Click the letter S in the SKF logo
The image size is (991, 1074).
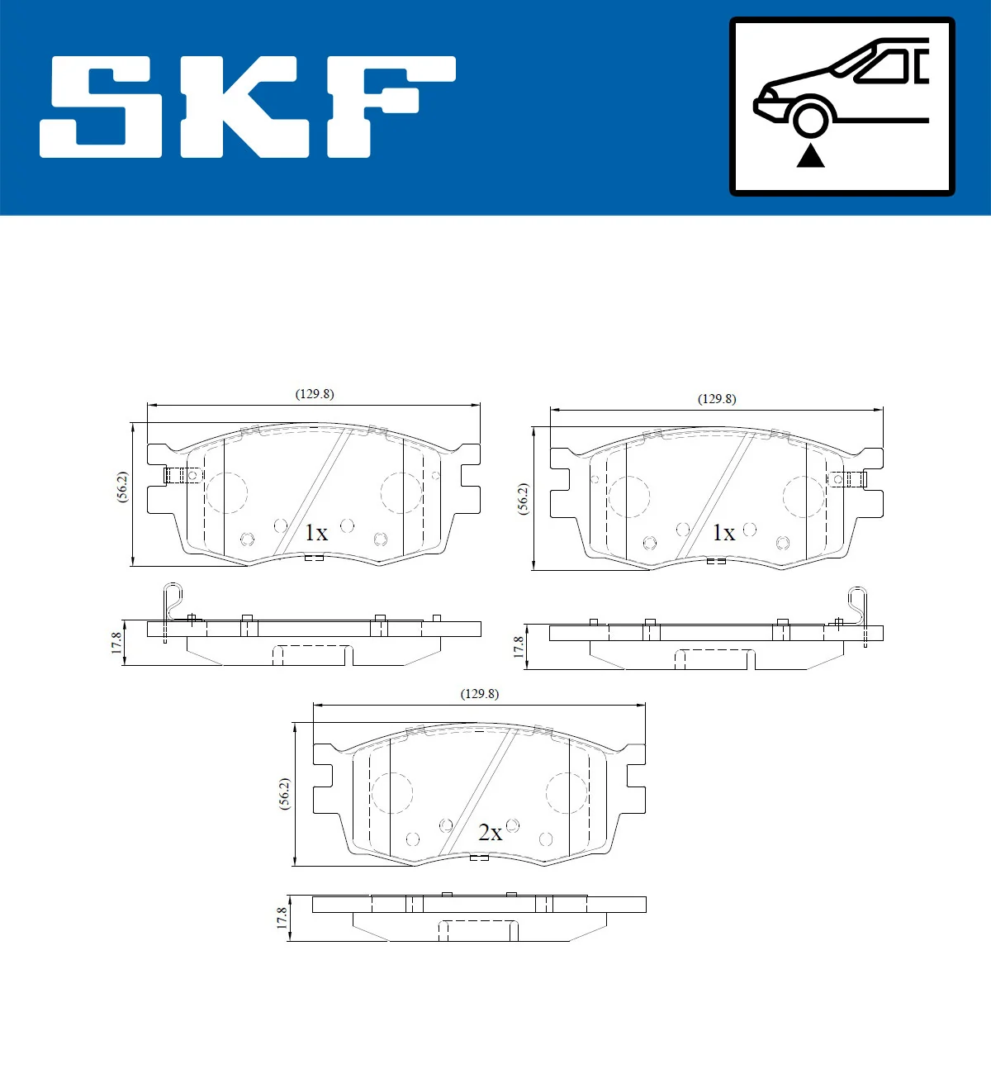pos(103,107)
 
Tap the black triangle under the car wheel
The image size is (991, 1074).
pos(810,155)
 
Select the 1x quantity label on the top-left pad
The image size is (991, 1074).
pos(316,533)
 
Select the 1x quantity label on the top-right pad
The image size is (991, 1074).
pos(723,533)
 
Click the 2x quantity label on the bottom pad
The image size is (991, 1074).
pos(490,833)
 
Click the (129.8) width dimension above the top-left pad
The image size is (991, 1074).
pos(315,394)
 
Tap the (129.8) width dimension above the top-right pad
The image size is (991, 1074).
pos(717,399)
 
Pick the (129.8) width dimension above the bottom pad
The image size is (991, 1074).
pos(480,694)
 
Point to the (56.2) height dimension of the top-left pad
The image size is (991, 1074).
pos(122,487)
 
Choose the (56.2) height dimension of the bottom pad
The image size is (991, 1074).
pos(285,794)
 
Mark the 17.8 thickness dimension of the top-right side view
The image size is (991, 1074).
pos(519,646)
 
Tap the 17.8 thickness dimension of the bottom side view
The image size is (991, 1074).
pos(282,918)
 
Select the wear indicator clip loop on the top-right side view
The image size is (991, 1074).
pos(857,601)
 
